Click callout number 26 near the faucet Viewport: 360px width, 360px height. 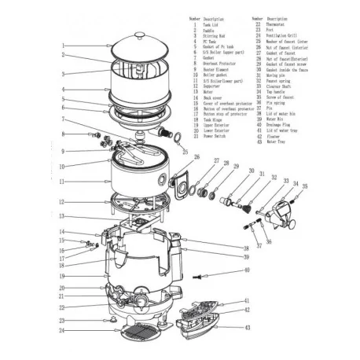(186, 156)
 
